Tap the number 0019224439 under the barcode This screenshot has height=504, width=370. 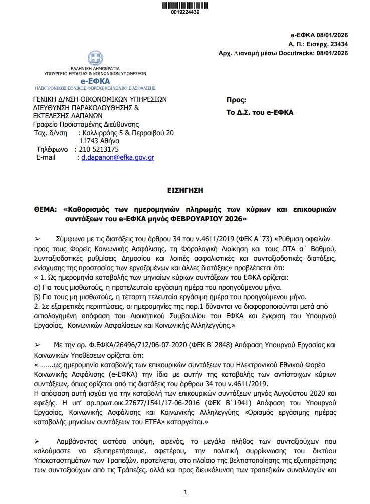click(185, 12)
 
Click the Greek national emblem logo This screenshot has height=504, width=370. click(95, 58)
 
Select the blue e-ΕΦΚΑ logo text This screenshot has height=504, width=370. click(95, 81)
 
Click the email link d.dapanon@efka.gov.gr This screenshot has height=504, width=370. click(118, 157)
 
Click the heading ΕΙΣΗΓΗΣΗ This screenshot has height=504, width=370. click(184, 191)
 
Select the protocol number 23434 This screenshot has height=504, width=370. click(339, 44)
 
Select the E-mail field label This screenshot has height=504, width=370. click(47, 157)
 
